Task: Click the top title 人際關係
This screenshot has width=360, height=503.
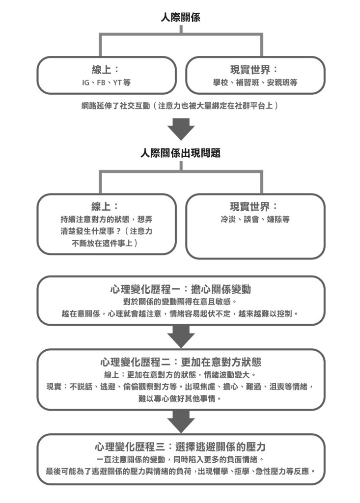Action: [180, 17]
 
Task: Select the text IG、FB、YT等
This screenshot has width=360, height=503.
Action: [106, 83]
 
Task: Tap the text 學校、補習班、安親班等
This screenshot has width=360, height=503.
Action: [255, 83]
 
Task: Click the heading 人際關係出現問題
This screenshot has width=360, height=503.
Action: [180, 153]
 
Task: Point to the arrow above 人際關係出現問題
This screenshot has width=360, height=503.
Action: [181, 129]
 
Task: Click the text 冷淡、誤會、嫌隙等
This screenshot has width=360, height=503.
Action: [255, 220]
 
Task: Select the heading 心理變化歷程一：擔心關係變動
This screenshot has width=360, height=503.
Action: [180, 289]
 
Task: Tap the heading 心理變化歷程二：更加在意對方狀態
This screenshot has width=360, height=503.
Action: [181, 362]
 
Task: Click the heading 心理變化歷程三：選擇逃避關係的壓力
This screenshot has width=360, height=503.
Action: [180, 447]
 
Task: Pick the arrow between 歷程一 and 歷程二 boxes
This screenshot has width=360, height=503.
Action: [181, 337]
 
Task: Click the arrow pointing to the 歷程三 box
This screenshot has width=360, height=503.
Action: [181, 421]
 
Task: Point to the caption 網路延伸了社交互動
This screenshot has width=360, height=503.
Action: [116, 106]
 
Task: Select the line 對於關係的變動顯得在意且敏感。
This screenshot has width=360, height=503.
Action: [180, 302]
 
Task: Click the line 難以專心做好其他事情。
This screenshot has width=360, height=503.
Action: [180, 399]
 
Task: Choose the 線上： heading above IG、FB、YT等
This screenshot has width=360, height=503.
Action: [106, 69]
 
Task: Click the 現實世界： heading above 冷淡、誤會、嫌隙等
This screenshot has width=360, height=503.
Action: [254, 206]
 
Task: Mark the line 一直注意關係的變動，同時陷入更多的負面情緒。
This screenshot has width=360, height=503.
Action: [180, 459]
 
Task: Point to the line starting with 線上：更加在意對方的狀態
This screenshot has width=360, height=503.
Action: [180, 374]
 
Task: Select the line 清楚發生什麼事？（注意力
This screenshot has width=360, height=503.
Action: [106, 231]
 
